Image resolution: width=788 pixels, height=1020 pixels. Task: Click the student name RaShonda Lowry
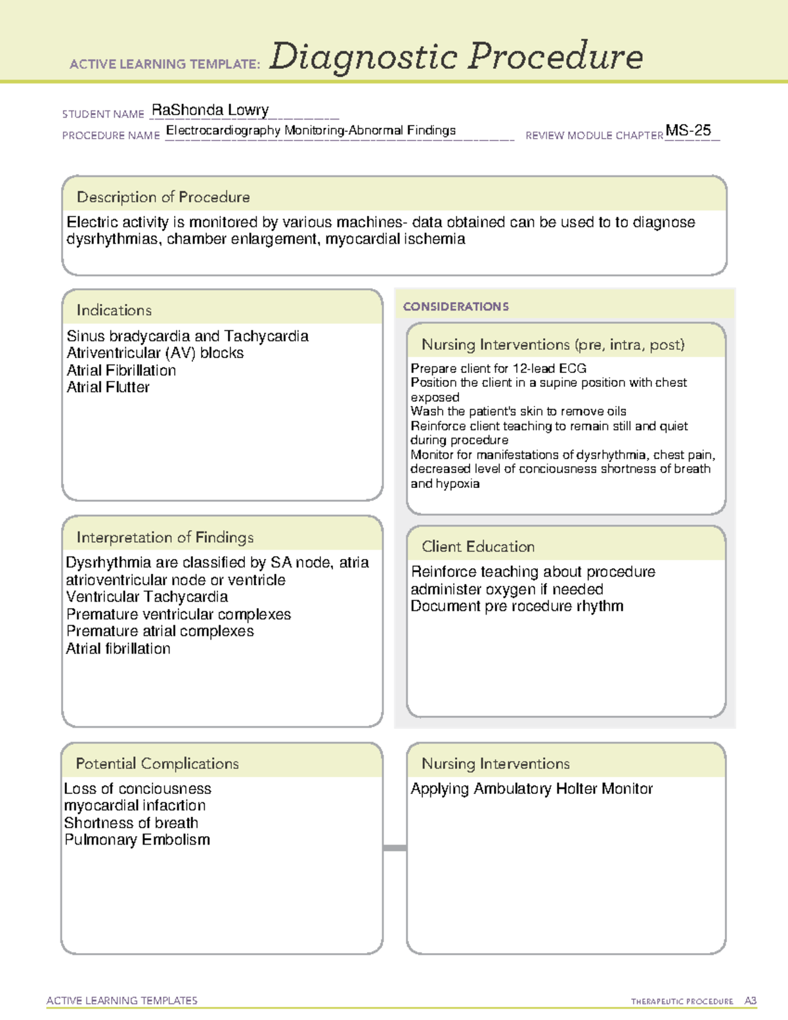pyautogui.click(x=210, y=110)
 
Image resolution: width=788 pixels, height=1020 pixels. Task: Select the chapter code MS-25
pyautogui.click(x=688, y=130)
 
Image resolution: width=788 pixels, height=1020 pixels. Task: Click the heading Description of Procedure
pyautogui.click(x=164, y=197)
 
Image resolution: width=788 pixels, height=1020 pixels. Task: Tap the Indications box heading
pyautogui.click(x=114, y=310)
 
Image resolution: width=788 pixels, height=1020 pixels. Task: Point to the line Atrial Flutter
pyautogui.click(x=108, y=388)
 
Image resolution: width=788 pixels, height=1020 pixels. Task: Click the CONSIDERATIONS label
pyautogui.click(x=456, y=307)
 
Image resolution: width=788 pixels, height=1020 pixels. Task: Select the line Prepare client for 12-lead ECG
pyautogui.click(x=498, y=368)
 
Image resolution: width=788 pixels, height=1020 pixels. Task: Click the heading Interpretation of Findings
pyautogui.click(x=165, y=537)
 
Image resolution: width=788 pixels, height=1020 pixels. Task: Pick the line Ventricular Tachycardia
pyautogui.click(x=147, y=597)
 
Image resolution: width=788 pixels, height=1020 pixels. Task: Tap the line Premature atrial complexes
pyautogui.click(x=160, y=631)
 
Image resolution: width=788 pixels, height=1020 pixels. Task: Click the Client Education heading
pyautogui.click(x=478, y=546)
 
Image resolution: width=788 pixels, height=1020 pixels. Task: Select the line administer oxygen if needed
pyautogui.click(x=507, y=589)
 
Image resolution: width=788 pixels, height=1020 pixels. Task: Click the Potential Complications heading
pyautogui.click(x=158, y=763)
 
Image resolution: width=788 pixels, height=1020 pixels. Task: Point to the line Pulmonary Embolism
pyautogui.click(x=137, y=840)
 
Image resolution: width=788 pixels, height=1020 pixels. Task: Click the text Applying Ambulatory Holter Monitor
pyautogui.click(x=532, y=789)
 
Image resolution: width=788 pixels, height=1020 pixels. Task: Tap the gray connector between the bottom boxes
pyautogui.click(x=395, y=848)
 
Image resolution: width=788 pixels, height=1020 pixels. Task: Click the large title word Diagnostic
pyautogui.click(x=363, y=57)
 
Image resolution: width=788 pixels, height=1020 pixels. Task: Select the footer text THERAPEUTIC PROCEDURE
pyautogui.click(x=682, y=1002)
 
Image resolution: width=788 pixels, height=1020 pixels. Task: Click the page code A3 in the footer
pyautogui.click(x=751, y=1001)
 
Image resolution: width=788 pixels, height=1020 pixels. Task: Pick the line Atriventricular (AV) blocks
pyautogui.click(x=155, y=353)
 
